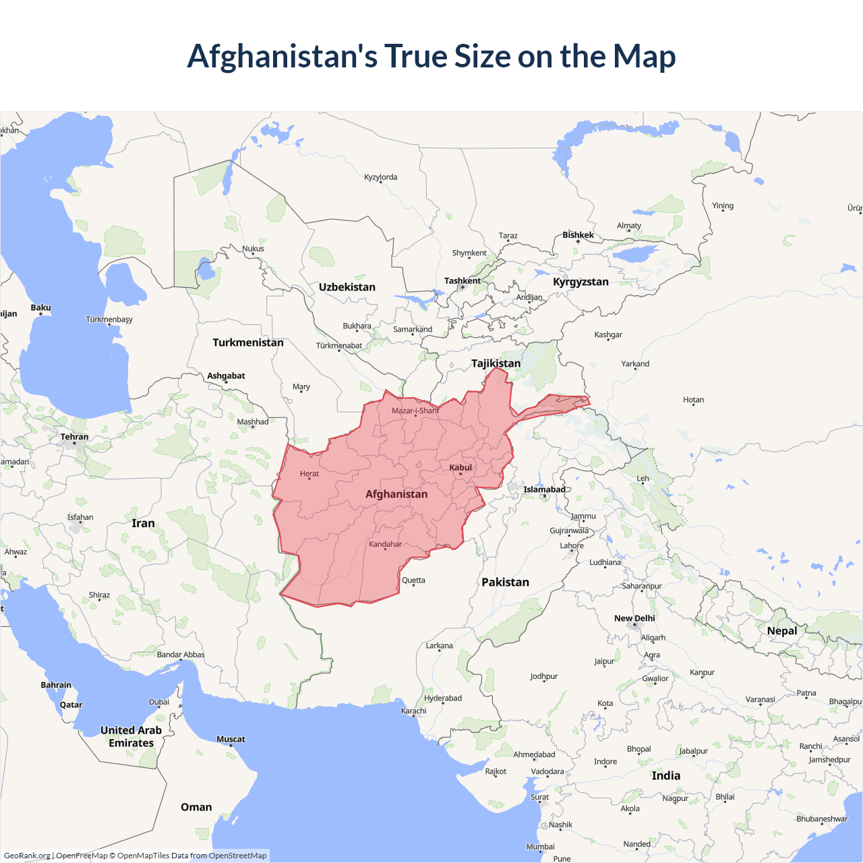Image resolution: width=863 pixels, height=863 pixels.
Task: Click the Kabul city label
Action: (x=460, y=467)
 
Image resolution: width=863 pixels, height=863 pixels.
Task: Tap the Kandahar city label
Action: (x=385, y=544)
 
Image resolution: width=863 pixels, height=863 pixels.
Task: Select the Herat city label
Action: (x=309, y=474)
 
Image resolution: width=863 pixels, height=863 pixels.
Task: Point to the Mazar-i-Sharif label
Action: (x=415, y=411)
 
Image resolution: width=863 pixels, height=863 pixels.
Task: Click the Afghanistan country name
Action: (x=396, y=494)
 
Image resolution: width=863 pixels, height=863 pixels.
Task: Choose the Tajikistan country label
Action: (x=496, y=363)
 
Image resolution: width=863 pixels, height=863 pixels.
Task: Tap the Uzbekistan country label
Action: (x=347, y=287)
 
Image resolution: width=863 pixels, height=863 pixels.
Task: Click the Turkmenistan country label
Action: (x=248, y=343)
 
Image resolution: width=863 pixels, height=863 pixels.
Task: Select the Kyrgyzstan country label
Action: (x=581, y=282)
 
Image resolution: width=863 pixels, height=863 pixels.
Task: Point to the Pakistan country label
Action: (x=505, y=583)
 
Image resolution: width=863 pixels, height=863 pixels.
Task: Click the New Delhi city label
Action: (x=634, y=618)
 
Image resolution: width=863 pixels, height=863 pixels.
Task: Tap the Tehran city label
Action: (x=74, y=437)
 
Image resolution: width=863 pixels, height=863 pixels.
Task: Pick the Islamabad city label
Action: (x=544, y=489)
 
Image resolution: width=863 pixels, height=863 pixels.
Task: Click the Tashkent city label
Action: (x=463, y=280)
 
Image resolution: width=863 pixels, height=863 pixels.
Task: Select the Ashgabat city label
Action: (x=226, y=376)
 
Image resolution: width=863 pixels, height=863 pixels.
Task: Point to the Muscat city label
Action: (x=231, y=740)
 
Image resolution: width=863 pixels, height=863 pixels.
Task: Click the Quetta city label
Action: (x=413, y=581)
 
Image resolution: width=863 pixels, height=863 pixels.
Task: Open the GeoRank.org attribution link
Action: (x=27, y=856)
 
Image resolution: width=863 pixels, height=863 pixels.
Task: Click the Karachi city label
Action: (x=413, y=711)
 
